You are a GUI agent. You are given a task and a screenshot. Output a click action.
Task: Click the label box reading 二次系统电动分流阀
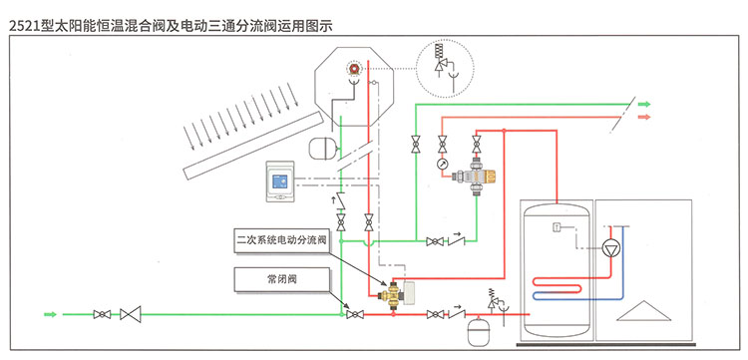pos(282,240)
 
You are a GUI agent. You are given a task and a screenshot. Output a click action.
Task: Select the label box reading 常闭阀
pos(282,279)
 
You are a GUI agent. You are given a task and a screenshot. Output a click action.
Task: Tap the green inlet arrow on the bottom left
pos(50,314)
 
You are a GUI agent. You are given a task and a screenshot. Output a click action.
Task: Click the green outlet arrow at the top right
pos(644,104)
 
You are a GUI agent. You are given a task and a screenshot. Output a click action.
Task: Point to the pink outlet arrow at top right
pos(644,117)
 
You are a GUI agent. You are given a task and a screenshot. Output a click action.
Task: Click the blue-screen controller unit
pos(280,181)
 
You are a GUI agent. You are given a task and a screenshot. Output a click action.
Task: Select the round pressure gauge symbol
pos(442,164)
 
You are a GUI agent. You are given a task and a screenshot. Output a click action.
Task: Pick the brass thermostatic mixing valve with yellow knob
pos(475,177)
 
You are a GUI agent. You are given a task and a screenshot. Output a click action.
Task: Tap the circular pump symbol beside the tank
pos(610,249)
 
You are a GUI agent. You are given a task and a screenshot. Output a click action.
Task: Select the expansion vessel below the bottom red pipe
pos(477,330)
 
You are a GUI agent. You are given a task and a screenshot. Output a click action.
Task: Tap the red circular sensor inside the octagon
pos(353,69)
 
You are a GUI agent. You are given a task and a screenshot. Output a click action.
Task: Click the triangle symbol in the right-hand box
pos(643,311)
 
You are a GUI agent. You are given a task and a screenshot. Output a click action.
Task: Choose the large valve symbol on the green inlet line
pos(131,314)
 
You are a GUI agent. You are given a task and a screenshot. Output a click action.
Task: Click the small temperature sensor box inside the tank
pos(557,228)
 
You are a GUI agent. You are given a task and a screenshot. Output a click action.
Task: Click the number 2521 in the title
pos(25,26)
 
